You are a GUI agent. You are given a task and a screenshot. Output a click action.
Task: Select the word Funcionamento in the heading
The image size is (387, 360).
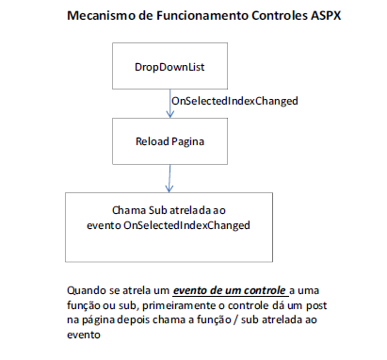click(x=203, y=15)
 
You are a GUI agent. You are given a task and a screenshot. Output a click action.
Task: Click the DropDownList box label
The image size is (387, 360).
click(x=169, y=67)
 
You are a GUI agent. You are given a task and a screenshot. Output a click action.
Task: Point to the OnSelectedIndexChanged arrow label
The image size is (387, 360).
click(x=234, y=101)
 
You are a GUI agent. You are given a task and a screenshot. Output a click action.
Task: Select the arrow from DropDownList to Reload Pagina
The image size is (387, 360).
click(x=169, y=104)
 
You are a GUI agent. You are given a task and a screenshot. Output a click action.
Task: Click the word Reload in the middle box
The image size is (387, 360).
click(x=153, y=141)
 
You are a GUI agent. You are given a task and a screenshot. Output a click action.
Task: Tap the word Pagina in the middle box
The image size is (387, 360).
click(x=187, y=142)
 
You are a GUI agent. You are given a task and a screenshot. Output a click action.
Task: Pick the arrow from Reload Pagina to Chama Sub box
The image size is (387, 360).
click(x=169, y=178)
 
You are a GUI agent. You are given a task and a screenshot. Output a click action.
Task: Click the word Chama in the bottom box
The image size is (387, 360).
click(x=129, y=210)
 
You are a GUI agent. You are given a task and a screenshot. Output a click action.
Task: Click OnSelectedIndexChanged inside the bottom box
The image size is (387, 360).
click(x=186, y=225)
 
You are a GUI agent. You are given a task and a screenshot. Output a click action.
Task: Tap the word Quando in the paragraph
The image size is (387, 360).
click(x=87, y=290)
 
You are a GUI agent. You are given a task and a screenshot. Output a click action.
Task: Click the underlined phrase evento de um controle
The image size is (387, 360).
click(x=230, y=290)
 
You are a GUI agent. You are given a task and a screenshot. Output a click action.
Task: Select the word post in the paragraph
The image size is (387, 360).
click(x=316, y=305)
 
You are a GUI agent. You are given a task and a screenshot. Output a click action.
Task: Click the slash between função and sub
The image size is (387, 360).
click(x=235, y=320)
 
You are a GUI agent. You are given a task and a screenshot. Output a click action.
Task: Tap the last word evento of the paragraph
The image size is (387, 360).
click(x=84, y=335)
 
